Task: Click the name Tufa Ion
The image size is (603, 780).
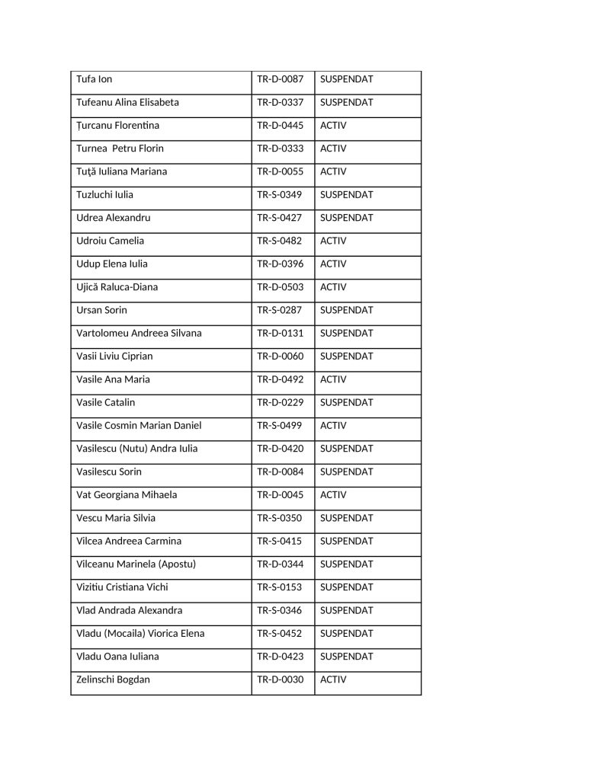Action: click(95, 79)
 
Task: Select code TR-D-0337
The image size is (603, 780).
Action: click(280, 102)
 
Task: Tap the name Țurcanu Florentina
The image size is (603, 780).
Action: click(118, 125)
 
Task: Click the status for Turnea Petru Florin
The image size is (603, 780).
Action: click(333, 149)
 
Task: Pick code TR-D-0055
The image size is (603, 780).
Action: click(280, 171)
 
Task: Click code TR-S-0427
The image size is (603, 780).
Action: click(279, 218)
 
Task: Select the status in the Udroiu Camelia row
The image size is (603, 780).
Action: click(333, 241)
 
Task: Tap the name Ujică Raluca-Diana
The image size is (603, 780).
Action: click(117, 287)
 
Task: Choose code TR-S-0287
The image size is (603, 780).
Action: click(279, 310)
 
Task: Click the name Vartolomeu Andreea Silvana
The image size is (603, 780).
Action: click(139, 333)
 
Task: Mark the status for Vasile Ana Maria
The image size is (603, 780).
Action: click(333, 379)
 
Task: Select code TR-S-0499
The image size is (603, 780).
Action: click(279, 426)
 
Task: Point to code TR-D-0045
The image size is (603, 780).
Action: click(280, 495)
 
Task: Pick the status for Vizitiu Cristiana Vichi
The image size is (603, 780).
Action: click(347, 587)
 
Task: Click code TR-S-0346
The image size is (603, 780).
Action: click(279, 610)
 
